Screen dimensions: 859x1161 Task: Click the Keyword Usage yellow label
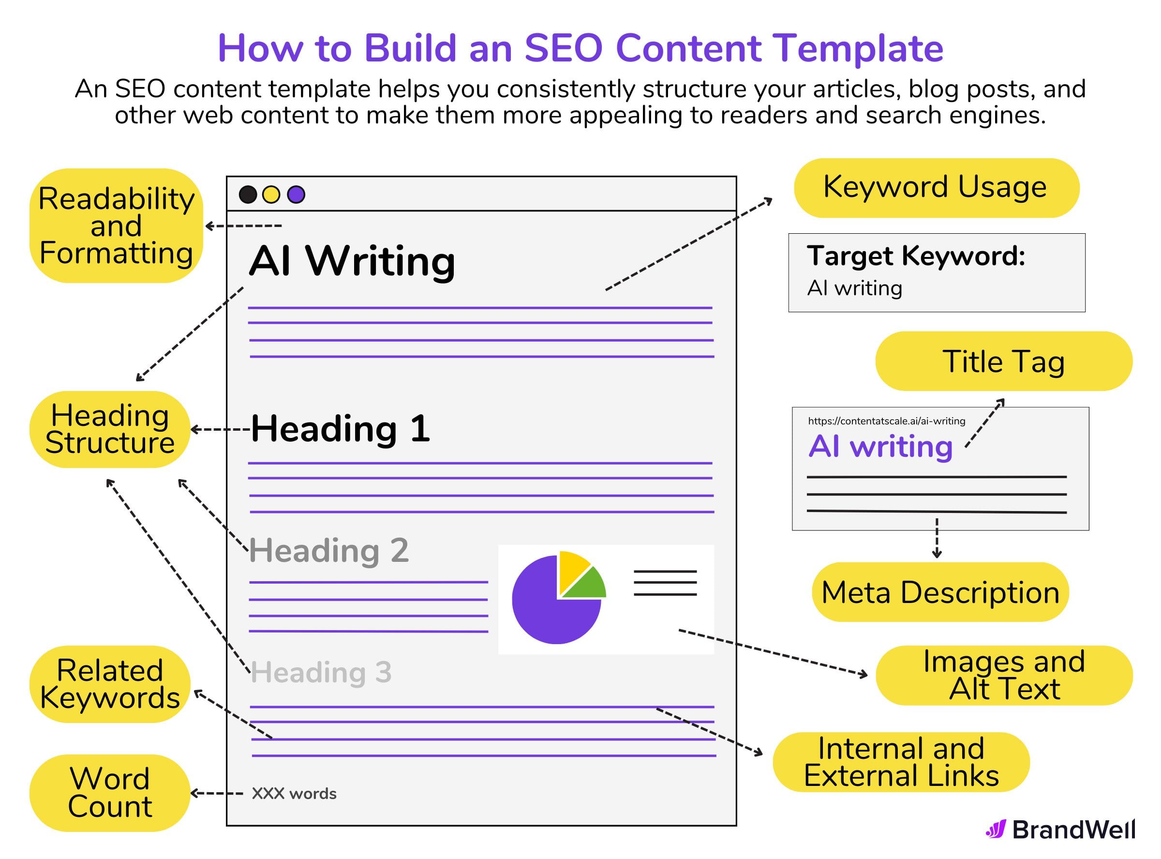[x=936, y=187]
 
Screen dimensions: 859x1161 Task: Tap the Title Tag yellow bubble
[x=1003, y=362]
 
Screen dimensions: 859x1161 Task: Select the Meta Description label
[x=939, y=592]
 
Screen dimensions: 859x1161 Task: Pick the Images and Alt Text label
[x=1003, y=676]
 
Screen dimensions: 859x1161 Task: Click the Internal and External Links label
[x=901, y=762]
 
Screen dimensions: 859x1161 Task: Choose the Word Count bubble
[x=110, y=793]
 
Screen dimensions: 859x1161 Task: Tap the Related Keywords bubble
[x=110, y=684]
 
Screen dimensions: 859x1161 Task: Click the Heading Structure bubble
[x=110, y=430]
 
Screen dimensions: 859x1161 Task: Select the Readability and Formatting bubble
[x=116, y=226]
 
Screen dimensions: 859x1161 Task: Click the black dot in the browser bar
[x=248, y=195]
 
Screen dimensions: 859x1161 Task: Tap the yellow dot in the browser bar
[x=271, y=195]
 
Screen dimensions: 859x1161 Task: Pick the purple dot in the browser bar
[x=296, y=195]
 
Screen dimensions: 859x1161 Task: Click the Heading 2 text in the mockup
[x=329, y=550]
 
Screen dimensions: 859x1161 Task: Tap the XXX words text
[x=294, y=794]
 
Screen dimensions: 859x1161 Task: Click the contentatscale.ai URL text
[x=886, y=421]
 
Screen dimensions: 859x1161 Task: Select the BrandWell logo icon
[x=996, y=829]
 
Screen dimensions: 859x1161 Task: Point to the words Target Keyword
[x=916, y=256]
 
